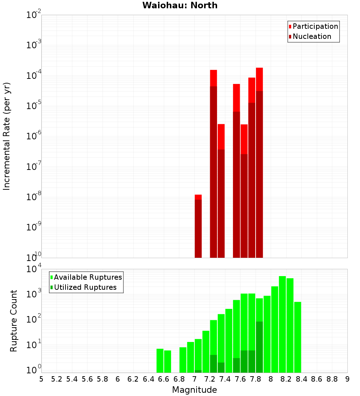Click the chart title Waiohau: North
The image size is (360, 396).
[180, 5]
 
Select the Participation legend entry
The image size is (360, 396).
[315, 26]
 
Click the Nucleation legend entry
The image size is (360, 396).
[311, 36]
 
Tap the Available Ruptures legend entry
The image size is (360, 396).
[87, 277]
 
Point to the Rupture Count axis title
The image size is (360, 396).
[14, 320]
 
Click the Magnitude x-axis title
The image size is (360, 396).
[194, 390]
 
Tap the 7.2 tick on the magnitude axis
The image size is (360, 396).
[210, 379]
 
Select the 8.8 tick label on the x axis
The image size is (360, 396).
[332, 379]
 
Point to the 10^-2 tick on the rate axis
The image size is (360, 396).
[34, 15]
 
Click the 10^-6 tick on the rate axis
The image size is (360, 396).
[34, 136]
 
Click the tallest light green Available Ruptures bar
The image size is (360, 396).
[282, 324]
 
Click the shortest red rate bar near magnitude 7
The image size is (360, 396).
[198, 227]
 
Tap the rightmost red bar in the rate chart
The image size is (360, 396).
[259, 162]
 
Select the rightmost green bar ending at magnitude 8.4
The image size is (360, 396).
[297, 337]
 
